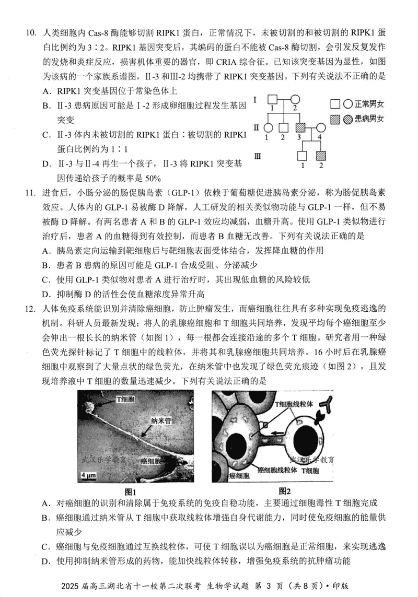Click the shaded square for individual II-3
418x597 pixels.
[x=301, y=127]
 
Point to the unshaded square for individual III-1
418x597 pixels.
[x=301, y=156]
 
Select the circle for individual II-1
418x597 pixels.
[x=268, y=127]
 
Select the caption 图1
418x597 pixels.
[x=130, y=491]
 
